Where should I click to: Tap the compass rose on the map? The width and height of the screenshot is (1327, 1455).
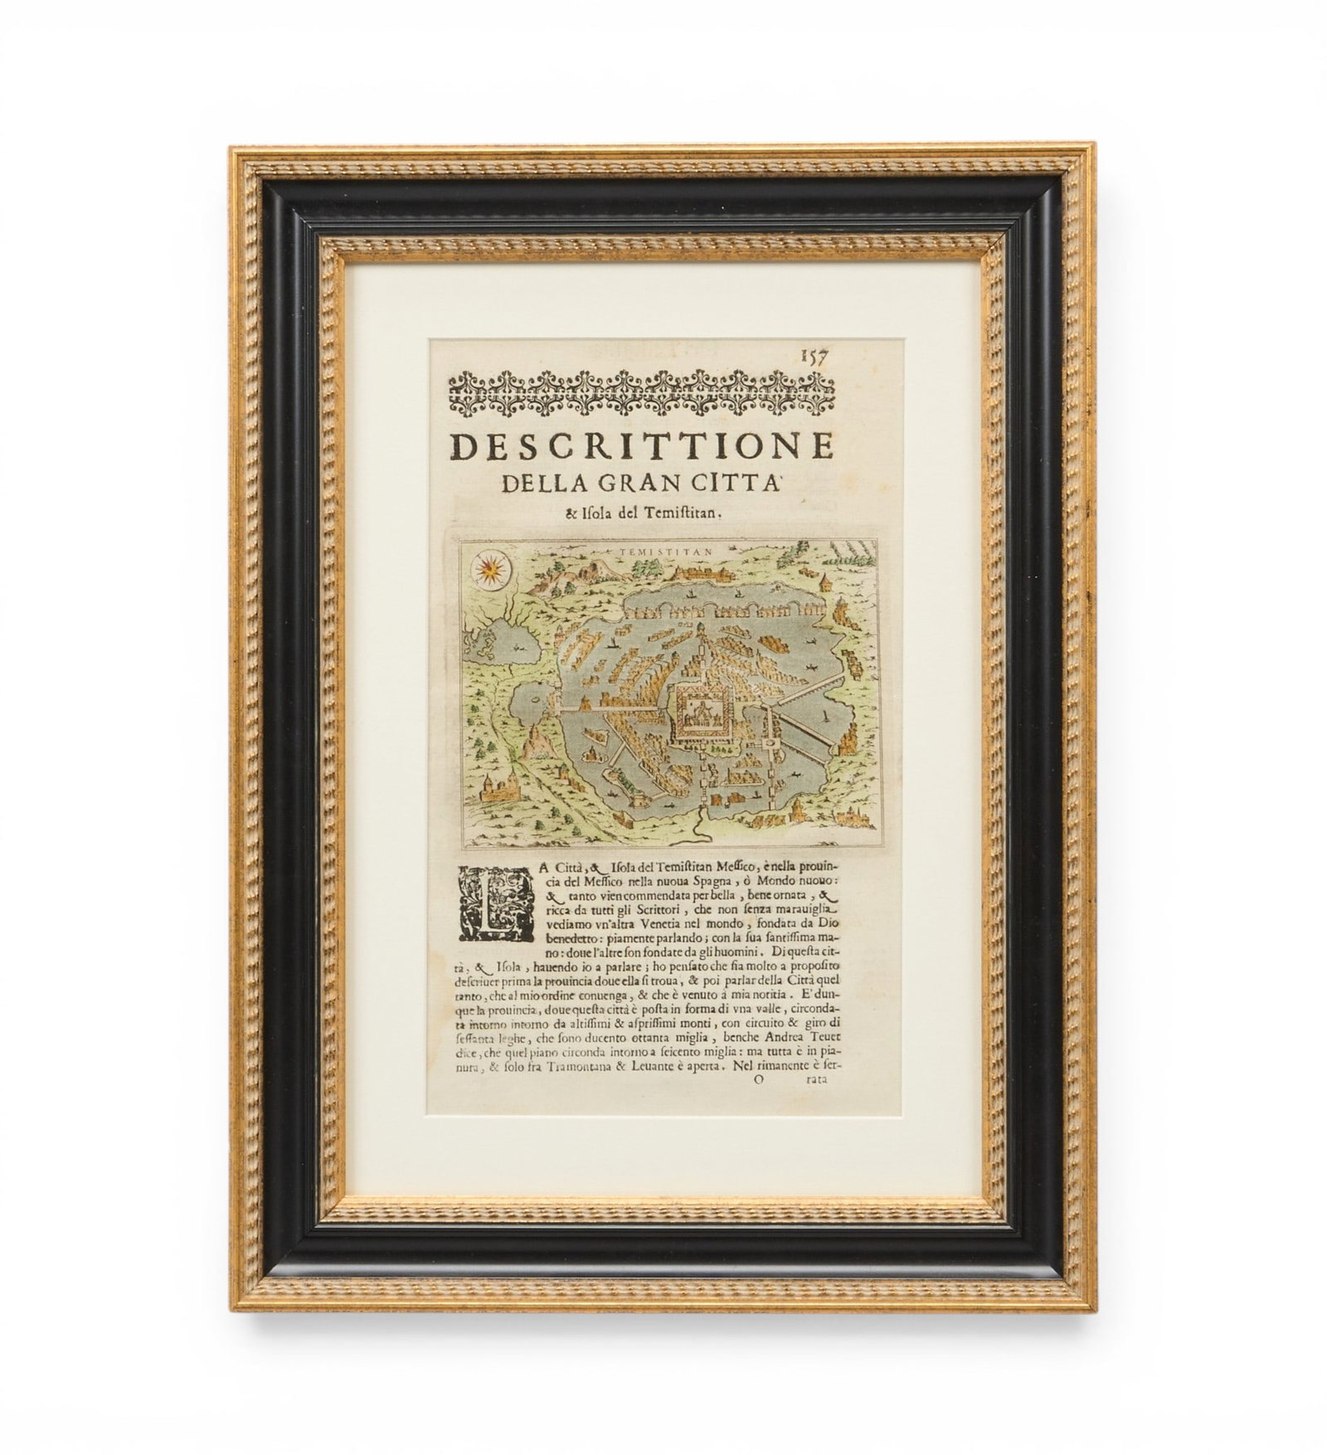[x=489, y=570]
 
